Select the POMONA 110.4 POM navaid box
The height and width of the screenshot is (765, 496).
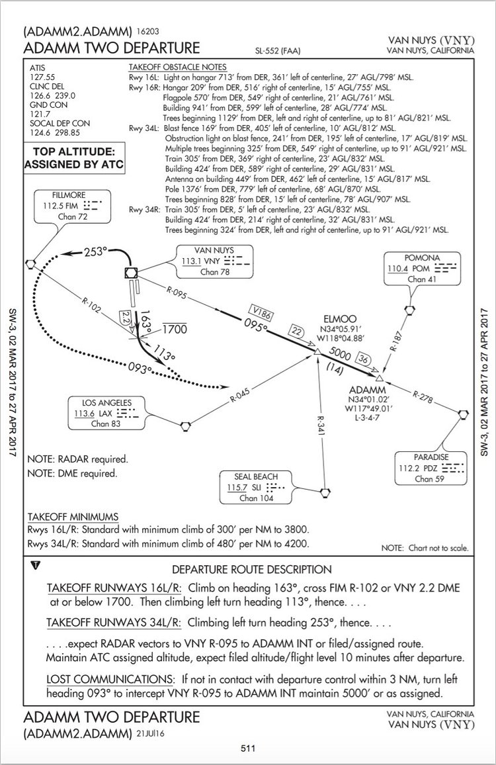(x=421, y=268)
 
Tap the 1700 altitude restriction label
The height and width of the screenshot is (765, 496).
(x=175, y=328)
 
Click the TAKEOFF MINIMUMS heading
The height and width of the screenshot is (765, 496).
(x=73, y=516)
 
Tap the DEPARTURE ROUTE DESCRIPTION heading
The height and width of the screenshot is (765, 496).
(x=251, y=569)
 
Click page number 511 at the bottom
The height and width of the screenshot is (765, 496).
(x=248, y=748)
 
